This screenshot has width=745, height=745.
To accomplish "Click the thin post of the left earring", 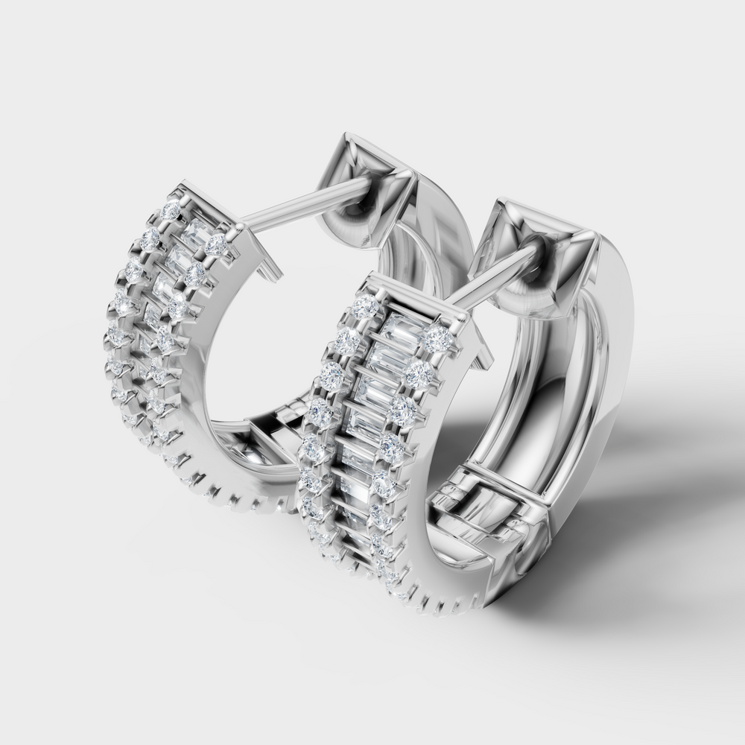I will [298, 205].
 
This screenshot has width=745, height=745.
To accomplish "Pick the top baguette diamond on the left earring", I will [196, 230].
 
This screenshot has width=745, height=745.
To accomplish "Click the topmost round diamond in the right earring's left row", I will [366, 305].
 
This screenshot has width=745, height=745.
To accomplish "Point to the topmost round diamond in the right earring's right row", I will [439, 339].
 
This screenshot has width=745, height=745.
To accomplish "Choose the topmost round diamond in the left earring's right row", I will [216, 244].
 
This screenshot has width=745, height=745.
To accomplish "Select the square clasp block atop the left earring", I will [365, 179].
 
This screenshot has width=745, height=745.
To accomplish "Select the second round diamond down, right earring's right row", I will [421, 373].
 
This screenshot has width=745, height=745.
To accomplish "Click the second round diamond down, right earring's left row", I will [347, 340].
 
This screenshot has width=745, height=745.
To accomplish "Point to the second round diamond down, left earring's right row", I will [196, 273].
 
